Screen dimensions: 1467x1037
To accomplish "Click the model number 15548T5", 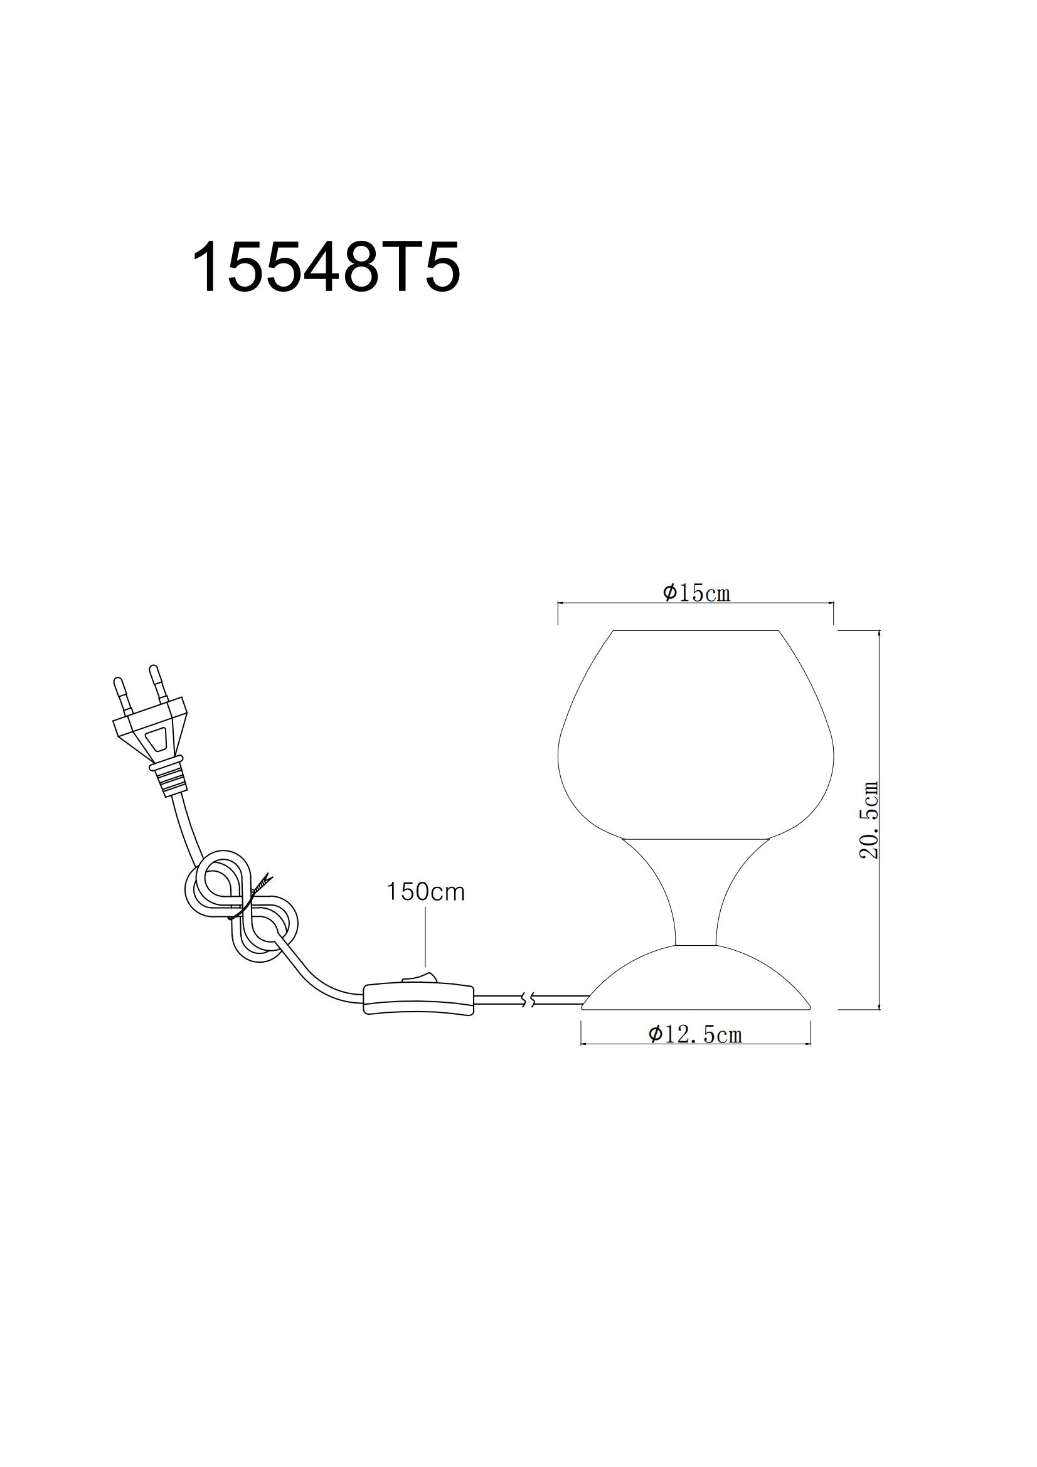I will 326,267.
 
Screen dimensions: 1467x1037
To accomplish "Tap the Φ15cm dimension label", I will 696,593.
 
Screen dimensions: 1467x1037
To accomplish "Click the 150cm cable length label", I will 425,892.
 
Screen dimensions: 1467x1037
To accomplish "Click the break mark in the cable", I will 528,1000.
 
